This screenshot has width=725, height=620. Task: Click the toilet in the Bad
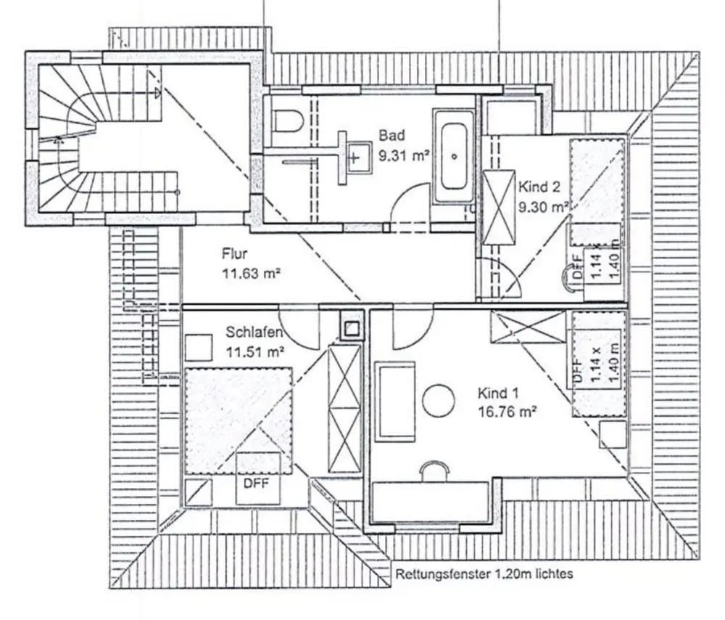tap(288, 121)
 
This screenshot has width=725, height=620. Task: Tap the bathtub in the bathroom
tap(454, 156)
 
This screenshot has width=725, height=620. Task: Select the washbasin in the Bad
tap(359, 158)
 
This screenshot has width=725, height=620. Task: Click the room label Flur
tap(234, 254)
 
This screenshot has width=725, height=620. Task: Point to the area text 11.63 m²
tap(252, 273)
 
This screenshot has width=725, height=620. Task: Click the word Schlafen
tap(254, 332)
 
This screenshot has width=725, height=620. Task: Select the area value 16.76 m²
tap(507, 411)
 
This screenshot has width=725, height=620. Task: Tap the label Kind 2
tap(539, 187)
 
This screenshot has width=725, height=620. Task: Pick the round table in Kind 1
tap(439, 401)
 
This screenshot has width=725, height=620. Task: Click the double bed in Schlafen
tap(239, 421)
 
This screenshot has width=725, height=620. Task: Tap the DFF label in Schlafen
tap(256, 484)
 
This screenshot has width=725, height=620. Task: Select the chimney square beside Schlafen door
tap(352, 328)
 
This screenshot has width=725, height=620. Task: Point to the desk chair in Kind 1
tap(434, 469)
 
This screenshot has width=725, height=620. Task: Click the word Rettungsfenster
tap(442, 574)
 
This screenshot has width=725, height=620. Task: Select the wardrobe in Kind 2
tap(499, 207)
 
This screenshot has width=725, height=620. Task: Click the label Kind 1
tap(498, 393)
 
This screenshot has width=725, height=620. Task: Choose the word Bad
tap(391, 136)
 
